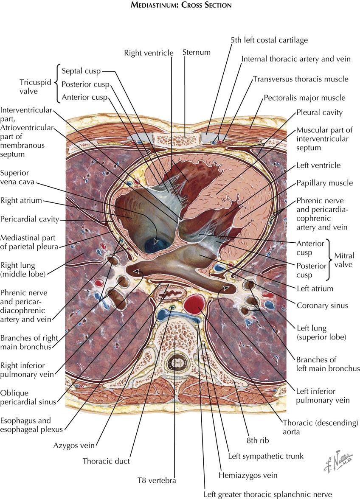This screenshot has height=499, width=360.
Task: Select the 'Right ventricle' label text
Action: (149, 53)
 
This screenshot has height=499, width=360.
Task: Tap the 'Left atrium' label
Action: (315, 289)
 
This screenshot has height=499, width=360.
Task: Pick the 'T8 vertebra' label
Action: (156, 481)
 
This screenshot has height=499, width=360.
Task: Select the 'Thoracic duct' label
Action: (106, 461)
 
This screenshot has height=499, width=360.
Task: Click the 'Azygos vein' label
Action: (74, 446)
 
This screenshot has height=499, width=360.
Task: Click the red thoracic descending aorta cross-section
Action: (194, 305)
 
